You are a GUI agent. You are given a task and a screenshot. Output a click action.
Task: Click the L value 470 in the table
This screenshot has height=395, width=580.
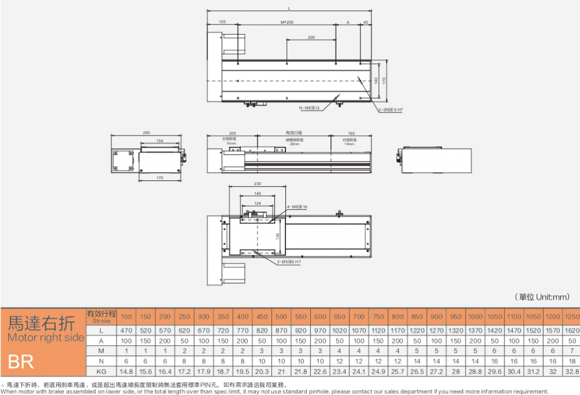[126, 330]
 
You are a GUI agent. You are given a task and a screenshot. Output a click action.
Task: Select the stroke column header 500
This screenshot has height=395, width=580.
[281, 317]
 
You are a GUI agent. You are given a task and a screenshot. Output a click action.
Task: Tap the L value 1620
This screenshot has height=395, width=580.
[571, 330]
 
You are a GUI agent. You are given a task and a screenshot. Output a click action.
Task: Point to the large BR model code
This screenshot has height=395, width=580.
[21, 363]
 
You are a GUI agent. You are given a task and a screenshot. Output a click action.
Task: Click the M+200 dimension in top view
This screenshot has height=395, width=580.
[287, 21]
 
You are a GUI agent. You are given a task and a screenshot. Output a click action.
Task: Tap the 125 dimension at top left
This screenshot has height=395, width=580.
[222, 21]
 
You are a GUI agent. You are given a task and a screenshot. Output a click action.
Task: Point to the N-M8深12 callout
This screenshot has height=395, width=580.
[309, 108]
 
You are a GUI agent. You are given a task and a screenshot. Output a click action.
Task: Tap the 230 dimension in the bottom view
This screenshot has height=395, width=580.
[257, 184]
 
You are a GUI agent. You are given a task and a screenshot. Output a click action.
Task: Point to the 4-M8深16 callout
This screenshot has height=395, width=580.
[297, 206]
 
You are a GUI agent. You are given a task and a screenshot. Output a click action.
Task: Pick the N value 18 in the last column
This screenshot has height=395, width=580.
[571, 360]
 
